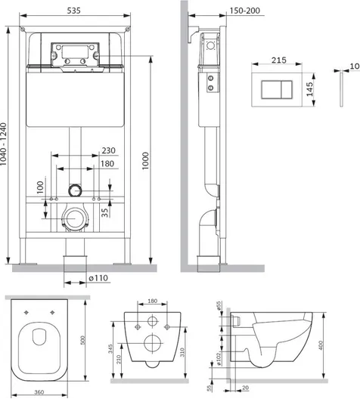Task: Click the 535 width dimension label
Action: [74, 11]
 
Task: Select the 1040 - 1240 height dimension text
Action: [3, 144]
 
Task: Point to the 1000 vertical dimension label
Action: [145, 161]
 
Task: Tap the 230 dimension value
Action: [109, 150]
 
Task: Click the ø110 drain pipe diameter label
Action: [98, 278]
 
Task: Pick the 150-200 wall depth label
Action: [245, 11]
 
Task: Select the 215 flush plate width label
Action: [279, 60]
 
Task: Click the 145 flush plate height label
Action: [309, 89]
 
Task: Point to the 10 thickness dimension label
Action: [355, 66]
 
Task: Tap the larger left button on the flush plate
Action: [272, 90]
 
